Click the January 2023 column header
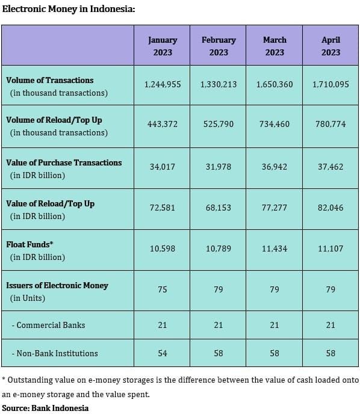[163, 46]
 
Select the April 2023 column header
[331, 46]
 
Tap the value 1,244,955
[163, 85]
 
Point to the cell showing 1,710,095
[331, 85]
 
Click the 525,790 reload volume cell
[219, 124]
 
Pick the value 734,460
[275, 124]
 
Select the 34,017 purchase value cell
[163, 167]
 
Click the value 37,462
[331, 167]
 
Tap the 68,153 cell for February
[219, 208]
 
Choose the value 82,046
[331, 208]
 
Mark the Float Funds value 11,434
[275, 249]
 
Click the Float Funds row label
[36, 251]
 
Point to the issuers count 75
[163, 289]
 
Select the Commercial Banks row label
[49, 325]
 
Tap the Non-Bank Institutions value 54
[163, 353]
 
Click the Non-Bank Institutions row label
[55, 353]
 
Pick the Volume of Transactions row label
[57, 87]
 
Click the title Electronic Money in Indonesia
[69, 9]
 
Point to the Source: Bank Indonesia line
[45, 408]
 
